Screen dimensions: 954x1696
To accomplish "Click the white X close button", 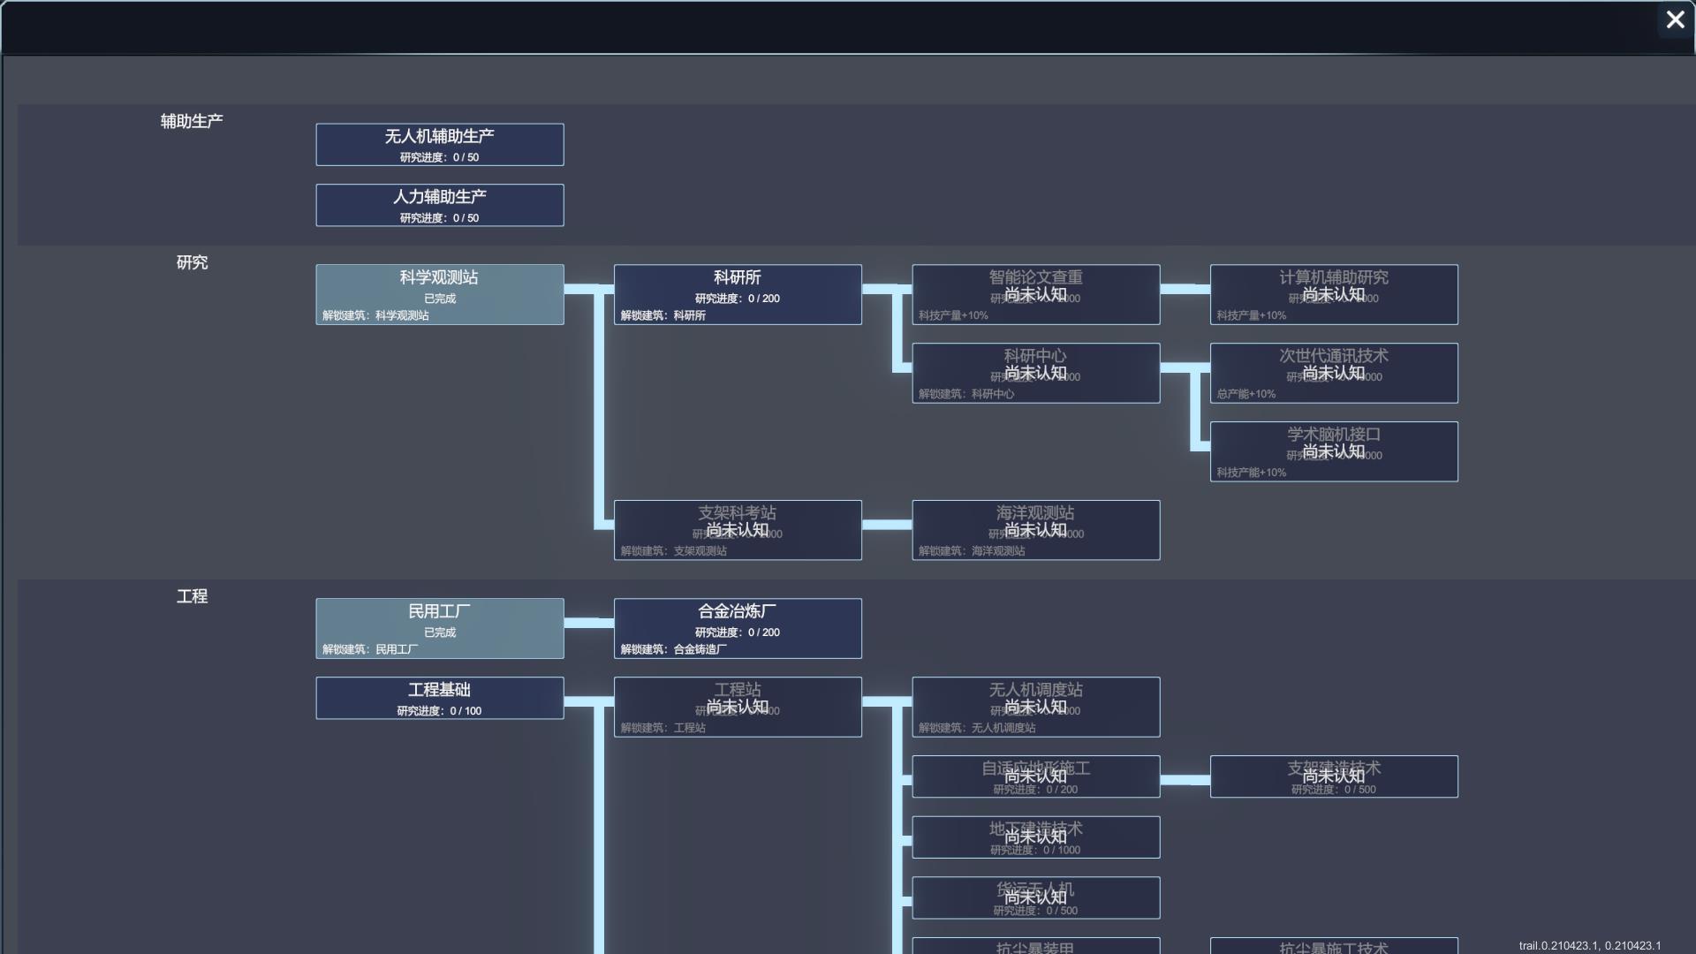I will click(x=1675, y=19).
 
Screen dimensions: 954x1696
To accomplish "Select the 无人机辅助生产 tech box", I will click(x=439, y=144).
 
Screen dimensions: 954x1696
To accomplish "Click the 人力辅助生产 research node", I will click(x=439, y=205).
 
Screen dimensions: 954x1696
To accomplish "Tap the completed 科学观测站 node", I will click(x=439, y=294).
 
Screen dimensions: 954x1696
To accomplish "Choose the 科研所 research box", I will click(x=738, y=294).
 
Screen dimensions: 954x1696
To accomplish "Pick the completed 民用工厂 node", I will click(x=439, y=628).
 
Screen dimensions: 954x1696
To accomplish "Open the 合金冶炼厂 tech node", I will click(x=738, y=628).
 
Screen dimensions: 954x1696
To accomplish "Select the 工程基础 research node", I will click(x=439, y=698).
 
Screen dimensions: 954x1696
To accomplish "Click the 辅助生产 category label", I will click(x=192, y=121).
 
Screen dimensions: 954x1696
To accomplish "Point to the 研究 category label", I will click(x=192, y=262).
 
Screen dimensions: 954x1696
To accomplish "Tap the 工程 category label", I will click(x=192, y=596).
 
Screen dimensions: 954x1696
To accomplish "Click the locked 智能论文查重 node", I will click(x=1035, y=294).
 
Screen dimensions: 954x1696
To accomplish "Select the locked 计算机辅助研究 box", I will click(x=1334, y=294).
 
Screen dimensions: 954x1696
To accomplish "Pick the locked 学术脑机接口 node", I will click(x=1334, y=451).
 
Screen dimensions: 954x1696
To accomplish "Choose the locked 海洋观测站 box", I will click(x=1035, y=530).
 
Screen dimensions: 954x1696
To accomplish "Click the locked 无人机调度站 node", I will click(x=1035, y=707).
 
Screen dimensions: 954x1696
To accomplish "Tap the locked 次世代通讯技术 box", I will click(x=1334, y=373).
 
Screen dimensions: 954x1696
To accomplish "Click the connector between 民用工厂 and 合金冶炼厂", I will click(x=588, y=623).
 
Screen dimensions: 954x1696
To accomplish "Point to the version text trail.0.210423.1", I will click(x=1589, y=945).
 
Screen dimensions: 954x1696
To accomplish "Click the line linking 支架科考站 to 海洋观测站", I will click(x=887, y=525).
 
